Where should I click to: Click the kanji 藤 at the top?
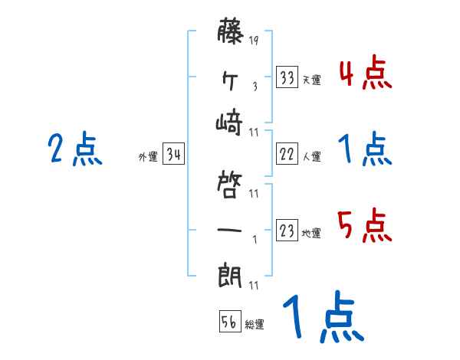pos(230,34)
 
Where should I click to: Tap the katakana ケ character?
pos(230,77)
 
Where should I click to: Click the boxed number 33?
pos(287,78)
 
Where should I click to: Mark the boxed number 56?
pos(229,322)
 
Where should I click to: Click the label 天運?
pos(311,80)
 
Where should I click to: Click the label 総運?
pos(255,325)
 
